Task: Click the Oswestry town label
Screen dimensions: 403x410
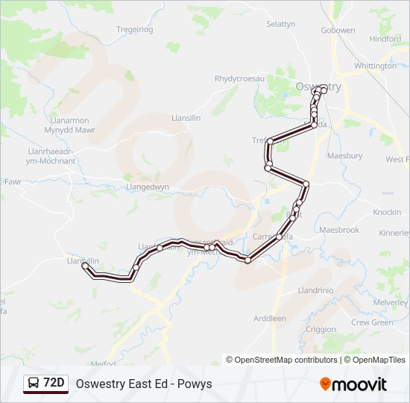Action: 318,87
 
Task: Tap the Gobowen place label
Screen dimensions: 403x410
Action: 338,31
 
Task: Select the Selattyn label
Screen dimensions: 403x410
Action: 280,24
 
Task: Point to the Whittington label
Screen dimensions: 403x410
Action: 375,66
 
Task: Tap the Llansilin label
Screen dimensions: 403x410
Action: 186,118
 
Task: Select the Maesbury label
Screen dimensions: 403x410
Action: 345,156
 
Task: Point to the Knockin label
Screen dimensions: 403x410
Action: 387,212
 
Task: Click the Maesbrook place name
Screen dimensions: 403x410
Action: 339,230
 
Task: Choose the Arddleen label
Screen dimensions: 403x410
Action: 269,318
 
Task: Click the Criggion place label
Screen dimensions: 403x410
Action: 321,329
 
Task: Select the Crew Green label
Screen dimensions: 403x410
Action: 371,322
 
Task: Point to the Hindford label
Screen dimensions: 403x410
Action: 385,39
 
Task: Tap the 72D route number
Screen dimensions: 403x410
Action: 54,383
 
